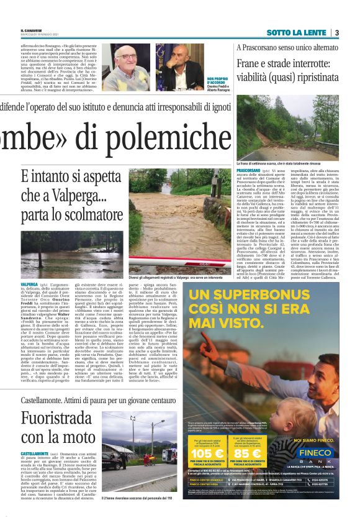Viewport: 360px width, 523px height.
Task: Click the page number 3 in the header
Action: point(336,32)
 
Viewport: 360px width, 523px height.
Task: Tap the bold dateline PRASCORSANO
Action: point(248,170)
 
